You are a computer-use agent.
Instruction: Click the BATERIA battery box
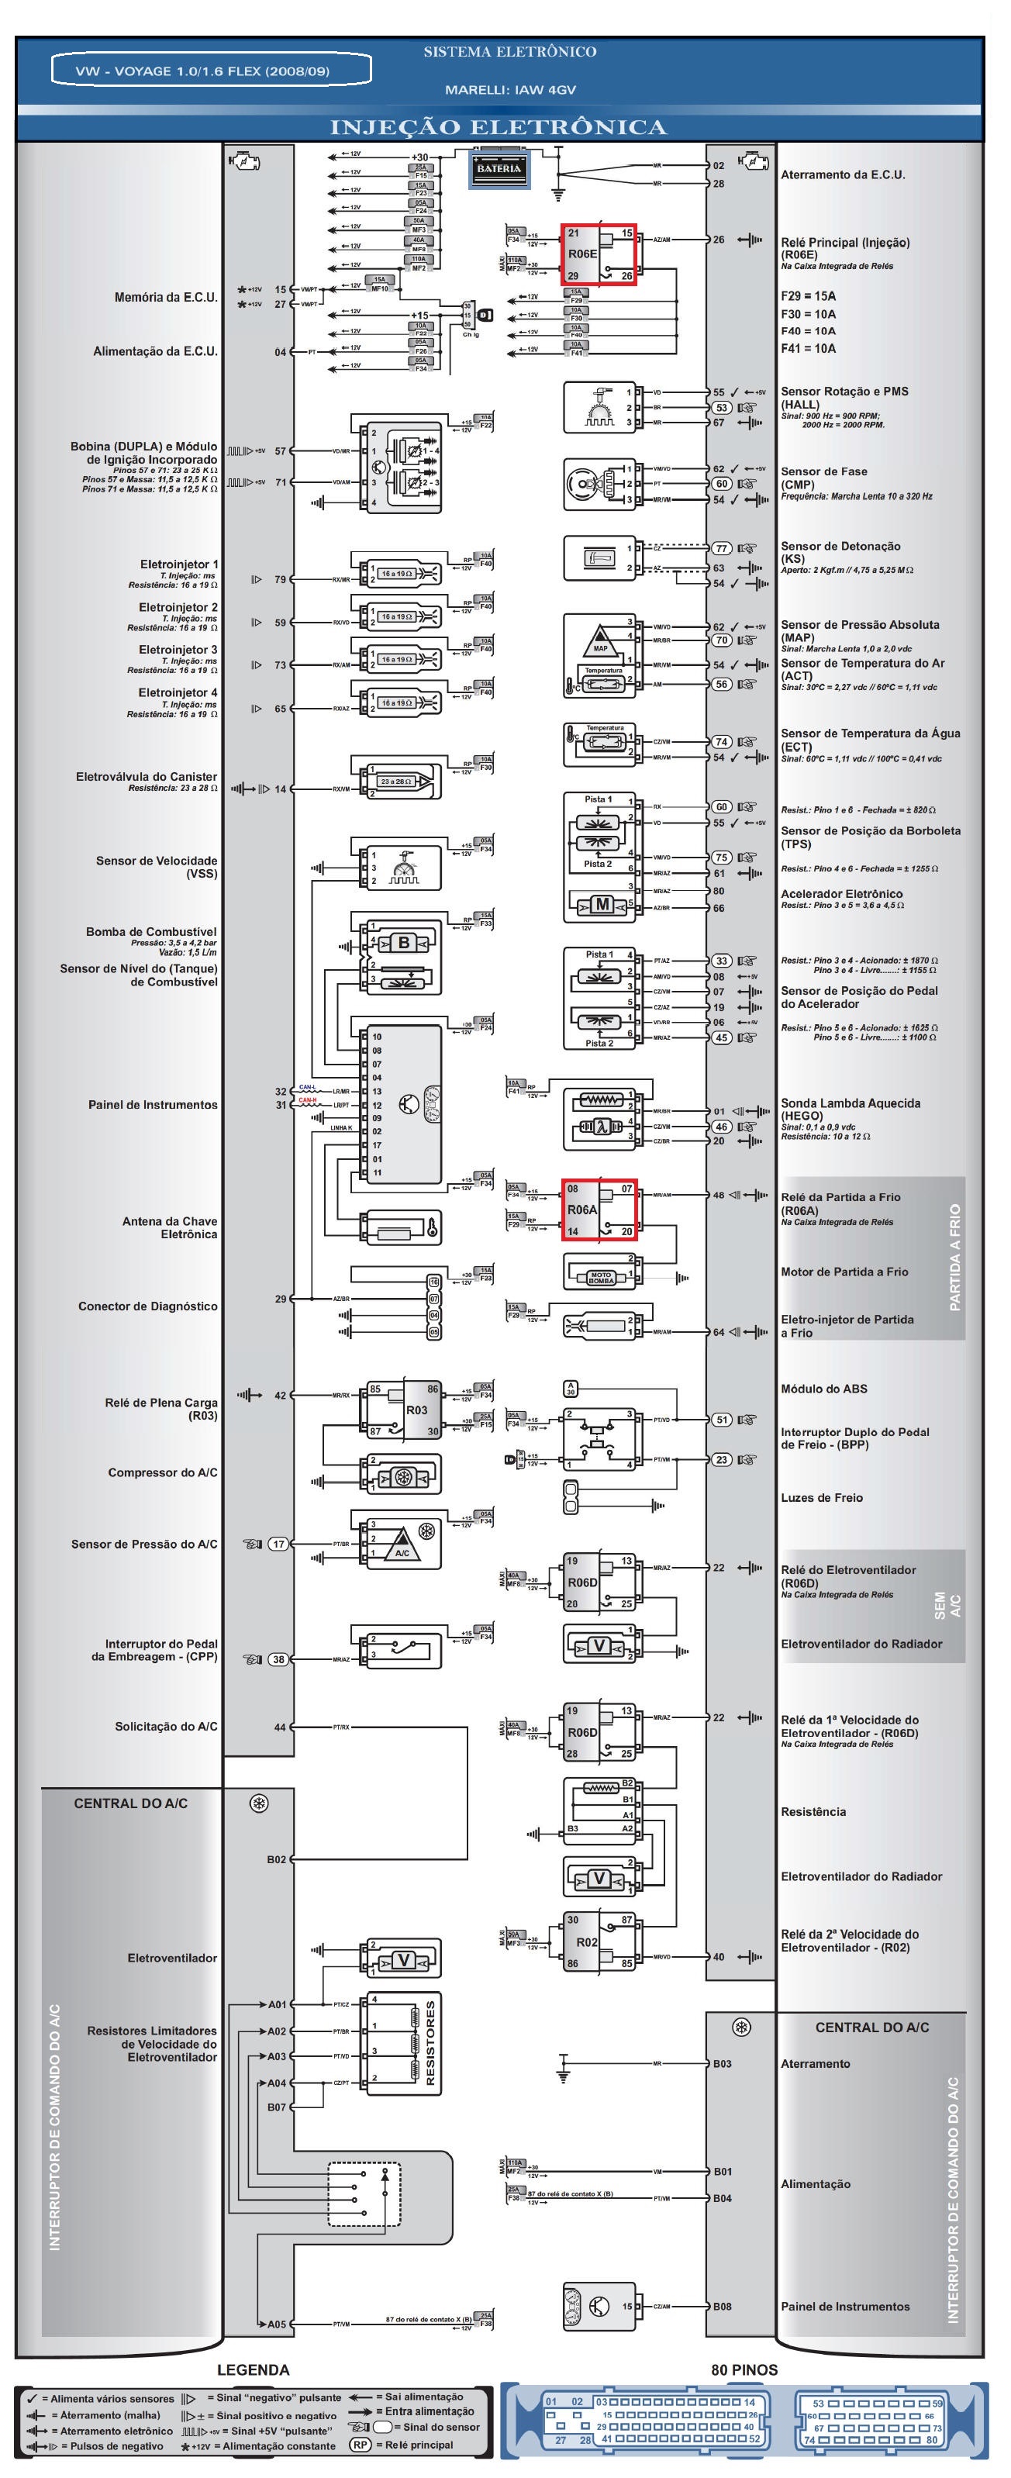(499, 168)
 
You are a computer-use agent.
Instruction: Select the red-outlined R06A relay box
(599, 1210)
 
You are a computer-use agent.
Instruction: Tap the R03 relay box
(405, 1410)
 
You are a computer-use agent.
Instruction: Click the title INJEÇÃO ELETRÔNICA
(499, 127)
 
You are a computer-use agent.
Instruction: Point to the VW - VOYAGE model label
(209, 71)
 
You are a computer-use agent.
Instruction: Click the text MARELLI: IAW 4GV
(510, 89)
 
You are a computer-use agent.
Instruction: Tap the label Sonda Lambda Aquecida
(851, 1103)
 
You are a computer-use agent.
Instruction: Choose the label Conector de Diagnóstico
(147, 1306)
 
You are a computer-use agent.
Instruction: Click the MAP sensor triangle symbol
(600, 637)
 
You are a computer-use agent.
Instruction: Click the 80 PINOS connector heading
(744, 2369)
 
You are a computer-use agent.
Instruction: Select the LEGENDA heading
(252, 2369)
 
